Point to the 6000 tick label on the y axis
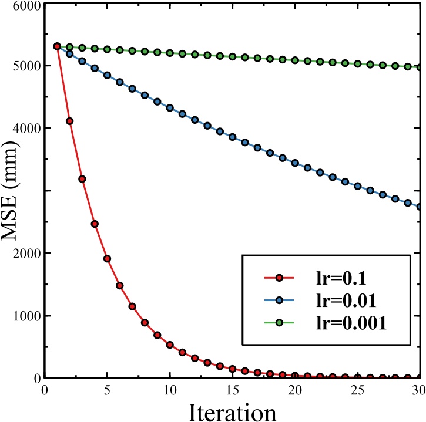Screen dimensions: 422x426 pyautogui.click(x=21, y=6)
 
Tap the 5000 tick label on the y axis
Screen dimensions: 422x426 pyautogui.click(x=21, y=66)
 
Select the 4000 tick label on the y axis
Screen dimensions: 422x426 pyautogui.click(x=21, y=128)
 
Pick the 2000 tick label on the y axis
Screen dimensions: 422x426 pyautogui.click(x=21, y=253)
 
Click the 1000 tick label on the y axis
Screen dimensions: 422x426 pyautogui.click(x=21, y=316)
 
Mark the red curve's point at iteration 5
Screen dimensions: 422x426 pyautogui.click(x=107, y=258)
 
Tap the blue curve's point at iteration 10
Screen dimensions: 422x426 pyautogui.click(x=170, y=107)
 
